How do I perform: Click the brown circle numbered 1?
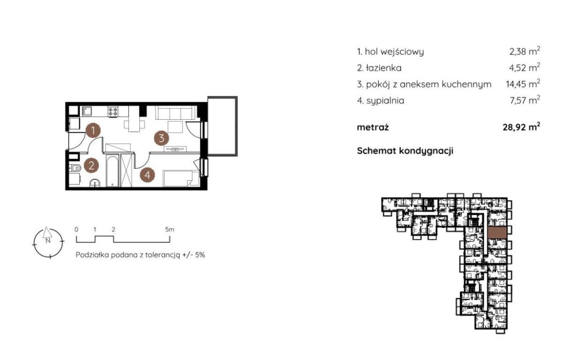click(93, 130)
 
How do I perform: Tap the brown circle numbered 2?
click(91, 165)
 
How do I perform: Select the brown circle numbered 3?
click(161, 138)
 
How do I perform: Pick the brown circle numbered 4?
click(147, 175)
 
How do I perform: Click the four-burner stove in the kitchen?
click(113, 111)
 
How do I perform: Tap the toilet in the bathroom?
click(75, 168)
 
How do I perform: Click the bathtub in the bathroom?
click(112, 171)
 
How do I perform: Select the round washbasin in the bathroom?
click(95, 183)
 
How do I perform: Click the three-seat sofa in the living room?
click(176, 112)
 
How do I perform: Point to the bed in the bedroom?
click(181, 178)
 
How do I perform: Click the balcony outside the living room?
click(222, 126)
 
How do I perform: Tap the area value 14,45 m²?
click(523, 84)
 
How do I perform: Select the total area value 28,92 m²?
click(521, 127)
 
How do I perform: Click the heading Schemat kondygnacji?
click(405, 151)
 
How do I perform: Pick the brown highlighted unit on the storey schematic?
click(497, 232)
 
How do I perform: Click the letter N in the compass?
click(48, 241)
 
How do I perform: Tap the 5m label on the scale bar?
click(170, 230)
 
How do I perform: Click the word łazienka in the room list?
click(384, 68)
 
